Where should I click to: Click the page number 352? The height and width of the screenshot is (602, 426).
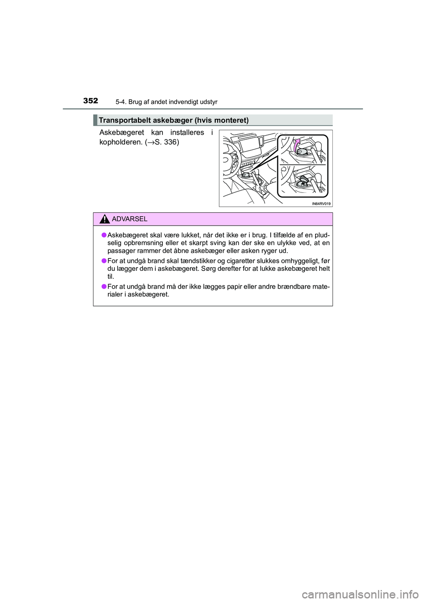click(x=91, y=101)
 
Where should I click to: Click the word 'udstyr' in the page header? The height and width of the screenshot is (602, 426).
click(x=209, y=102)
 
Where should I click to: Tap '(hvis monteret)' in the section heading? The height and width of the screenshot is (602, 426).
click(x=221, y=120)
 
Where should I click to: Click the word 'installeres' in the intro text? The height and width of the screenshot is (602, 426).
click(x=187, y=133)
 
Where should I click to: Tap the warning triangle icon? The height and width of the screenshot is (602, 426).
click(x=104, y=219)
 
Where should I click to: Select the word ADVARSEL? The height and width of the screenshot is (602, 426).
click(x=130, y=219)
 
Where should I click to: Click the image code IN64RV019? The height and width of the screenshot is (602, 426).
click(x=321, y=204)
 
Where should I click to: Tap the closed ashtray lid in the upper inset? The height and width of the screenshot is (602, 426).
click(x=301, y=152)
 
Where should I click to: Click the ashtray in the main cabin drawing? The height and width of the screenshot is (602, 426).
click(x=245, y=176)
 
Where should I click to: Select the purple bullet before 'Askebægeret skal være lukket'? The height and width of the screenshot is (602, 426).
click(x=103, y=235)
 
